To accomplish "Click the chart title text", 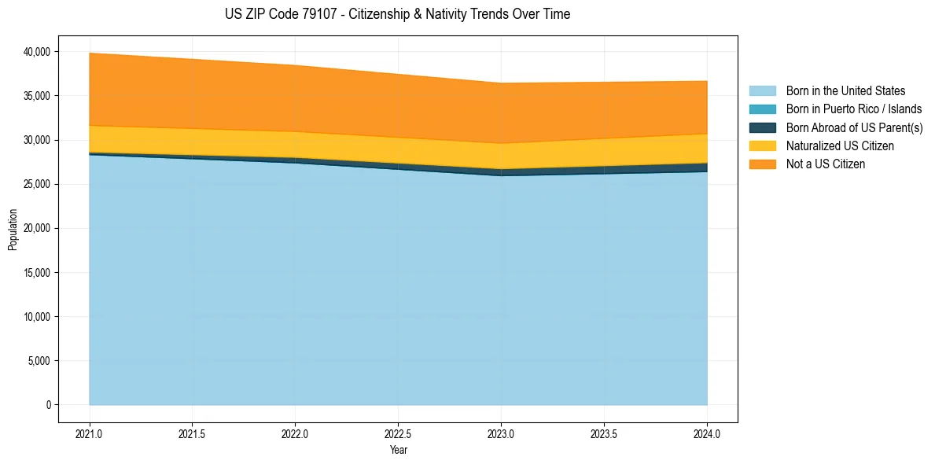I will coord(397,14).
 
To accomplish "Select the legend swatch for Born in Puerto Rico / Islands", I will coord(762,109).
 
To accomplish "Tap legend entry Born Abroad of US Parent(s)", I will coord(854,127).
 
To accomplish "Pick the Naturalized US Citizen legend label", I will coord(840,146).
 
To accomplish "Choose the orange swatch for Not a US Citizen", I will coord(762,164).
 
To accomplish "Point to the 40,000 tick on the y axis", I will coord(37,52).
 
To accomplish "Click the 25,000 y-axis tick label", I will coord(37,184).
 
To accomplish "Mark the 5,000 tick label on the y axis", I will coord(39,361).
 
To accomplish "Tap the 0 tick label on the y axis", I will coord(48,405).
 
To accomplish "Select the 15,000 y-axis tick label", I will coord(37,273).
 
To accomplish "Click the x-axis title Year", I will coord(398,451).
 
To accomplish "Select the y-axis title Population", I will coord(13,230).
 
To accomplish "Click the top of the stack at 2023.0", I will coord(501,83).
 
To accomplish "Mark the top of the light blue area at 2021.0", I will coord(90,155).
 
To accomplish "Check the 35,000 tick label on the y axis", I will coord(37,96).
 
